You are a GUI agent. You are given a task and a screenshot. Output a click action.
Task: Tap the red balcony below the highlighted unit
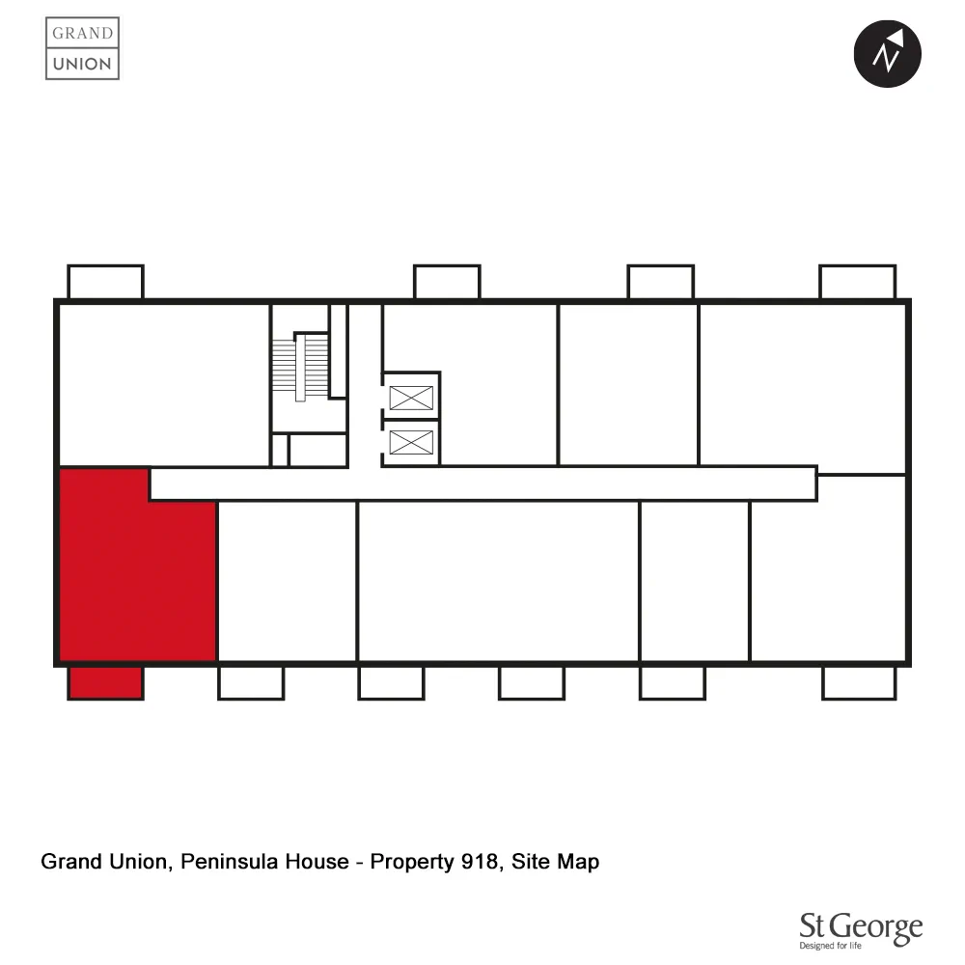coord(105,682)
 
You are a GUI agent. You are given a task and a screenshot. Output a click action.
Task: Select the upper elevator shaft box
coord(411,397)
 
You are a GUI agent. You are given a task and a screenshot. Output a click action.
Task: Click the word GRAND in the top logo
coord(82,33)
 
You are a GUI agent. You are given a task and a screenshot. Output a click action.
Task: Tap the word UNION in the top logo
coord(82,65)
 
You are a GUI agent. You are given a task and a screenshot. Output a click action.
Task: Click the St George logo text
coord(861,928)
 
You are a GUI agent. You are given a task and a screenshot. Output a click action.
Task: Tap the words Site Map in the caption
coord(555,861)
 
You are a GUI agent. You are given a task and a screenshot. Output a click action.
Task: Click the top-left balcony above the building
coord(105,282)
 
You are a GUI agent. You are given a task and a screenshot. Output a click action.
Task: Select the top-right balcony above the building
coord(857,282)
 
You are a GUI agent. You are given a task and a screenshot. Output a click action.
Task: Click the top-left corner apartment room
coord(162,384)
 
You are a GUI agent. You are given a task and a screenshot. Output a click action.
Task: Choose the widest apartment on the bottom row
coord(498,581)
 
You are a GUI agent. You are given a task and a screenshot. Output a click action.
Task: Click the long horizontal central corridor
coord(482,483)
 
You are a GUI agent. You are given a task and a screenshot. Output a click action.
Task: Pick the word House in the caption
coord(315,861)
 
